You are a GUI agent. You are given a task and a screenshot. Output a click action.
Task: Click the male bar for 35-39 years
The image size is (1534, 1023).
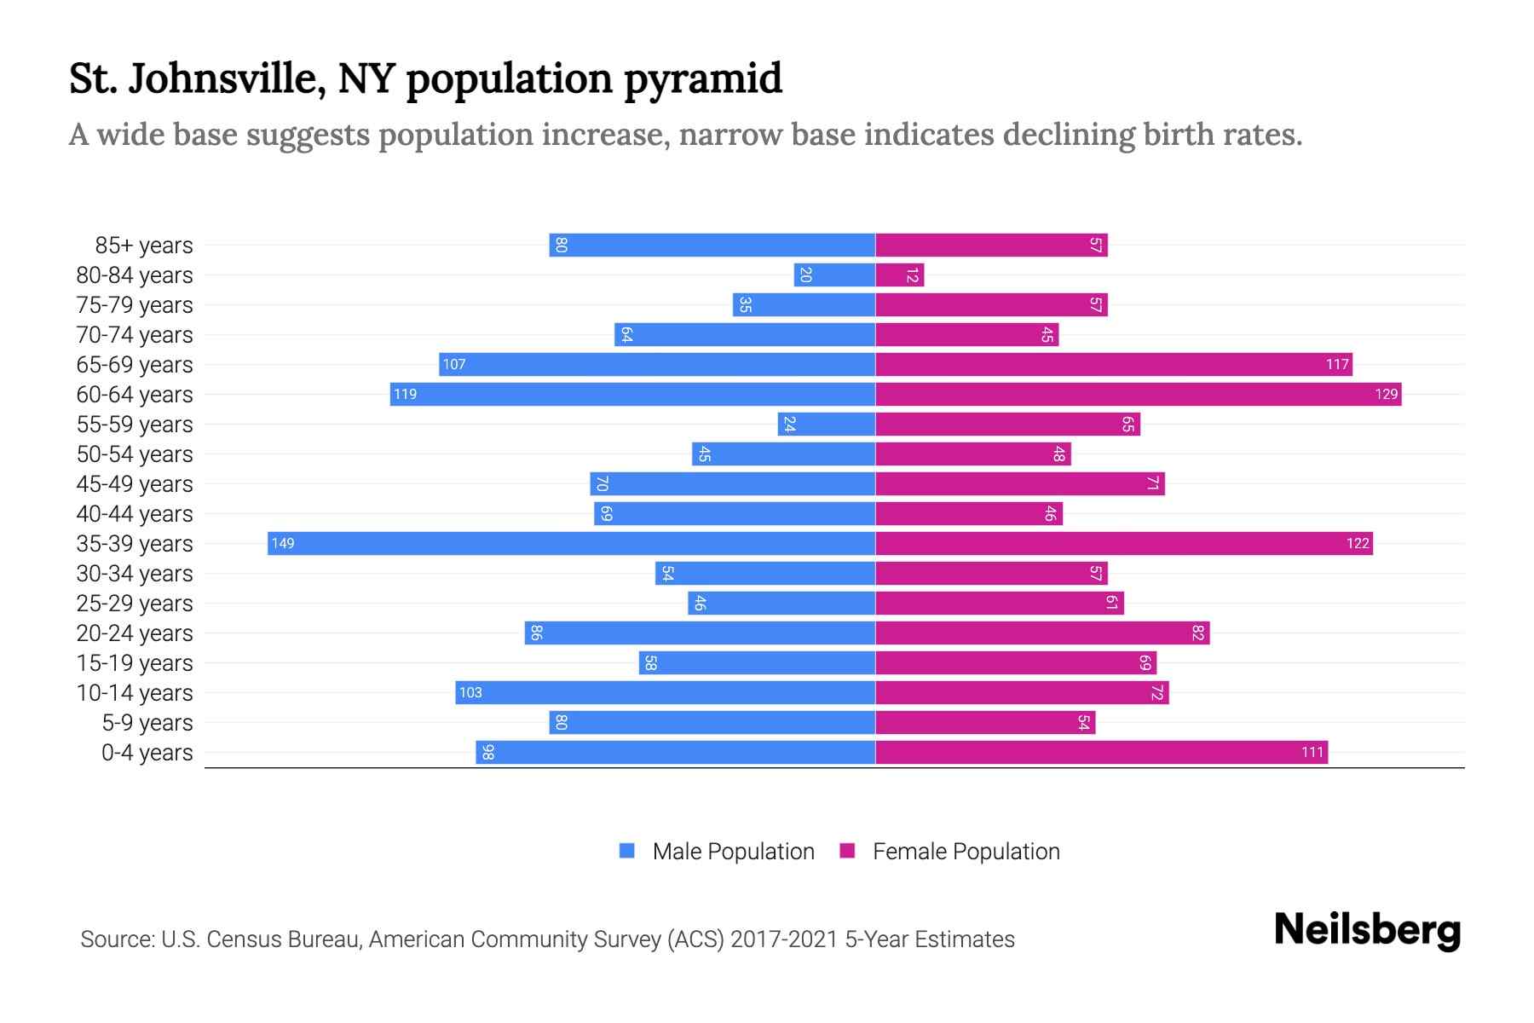point(571,544)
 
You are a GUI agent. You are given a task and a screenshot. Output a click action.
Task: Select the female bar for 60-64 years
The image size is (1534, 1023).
point(1138,395)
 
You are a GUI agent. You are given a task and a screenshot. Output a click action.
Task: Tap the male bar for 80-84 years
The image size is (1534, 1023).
point(834,275)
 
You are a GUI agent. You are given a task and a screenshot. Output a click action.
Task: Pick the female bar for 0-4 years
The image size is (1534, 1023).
point(1101,753)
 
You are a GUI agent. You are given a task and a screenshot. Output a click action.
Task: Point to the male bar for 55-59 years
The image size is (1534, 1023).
point(826,425)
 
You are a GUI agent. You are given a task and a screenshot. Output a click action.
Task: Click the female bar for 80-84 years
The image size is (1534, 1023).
point(899,275)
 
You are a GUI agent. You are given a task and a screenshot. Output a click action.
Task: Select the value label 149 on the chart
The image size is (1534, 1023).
point(283,544)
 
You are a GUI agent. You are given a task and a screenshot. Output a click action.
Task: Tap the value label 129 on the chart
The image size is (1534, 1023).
point(1386,395)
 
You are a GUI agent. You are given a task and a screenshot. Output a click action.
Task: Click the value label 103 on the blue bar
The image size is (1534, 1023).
point(470,693)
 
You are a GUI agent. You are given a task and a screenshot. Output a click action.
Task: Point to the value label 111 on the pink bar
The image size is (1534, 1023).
point(1312,753)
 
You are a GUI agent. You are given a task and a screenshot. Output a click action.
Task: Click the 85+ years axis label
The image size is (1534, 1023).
point(144,246)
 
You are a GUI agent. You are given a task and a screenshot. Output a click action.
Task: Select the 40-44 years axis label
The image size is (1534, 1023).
point(135,514)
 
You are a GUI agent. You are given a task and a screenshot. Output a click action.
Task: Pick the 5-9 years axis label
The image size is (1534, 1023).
point(147,723)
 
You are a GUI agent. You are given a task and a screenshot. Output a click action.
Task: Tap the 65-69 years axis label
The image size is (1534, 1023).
point(135,365)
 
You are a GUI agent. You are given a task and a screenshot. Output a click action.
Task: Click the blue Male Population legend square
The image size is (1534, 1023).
point(627,851)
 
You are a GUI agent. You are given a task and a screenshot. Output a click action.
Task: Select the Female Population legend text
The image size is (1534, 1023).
point(966,852)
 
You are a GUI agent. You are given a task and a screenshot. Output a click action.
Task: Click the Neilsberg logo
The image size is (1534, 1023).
point(1367,930)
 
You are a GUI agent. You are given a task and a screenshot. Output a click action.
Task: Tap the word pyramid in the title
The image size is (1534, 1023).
point(702,79)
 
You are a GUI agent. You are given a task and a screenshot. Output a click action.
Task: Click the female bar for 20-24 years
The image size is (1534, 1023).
point(1042,633)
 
